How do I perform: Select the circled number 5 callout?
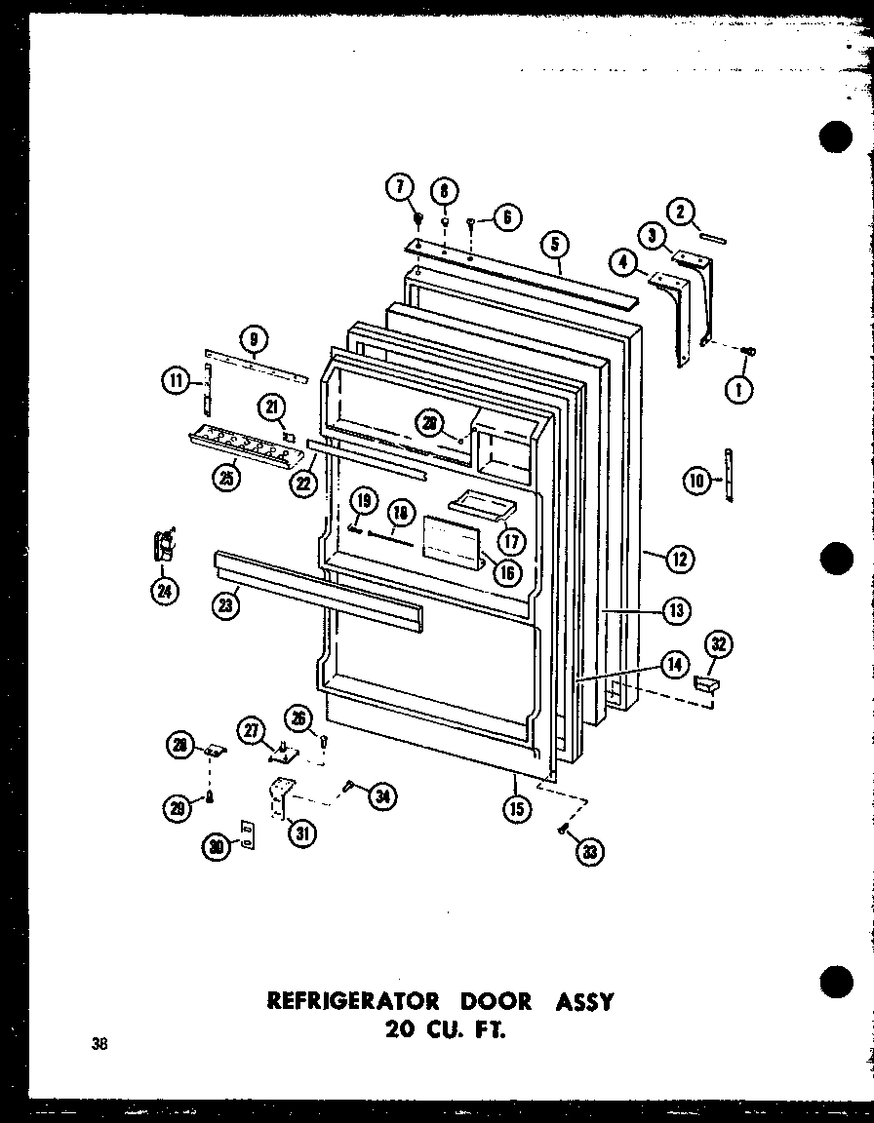click(x=554, y=244)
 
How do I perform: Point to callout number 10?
click(x=695, y=480)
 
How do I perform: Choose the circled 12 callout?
click(x=680, y=559)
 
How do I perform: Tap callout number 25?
click(x=226, y=479)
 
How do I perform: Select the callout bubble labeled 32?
click(x=719, y=643)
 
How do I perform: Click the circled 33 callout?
click(x=589, y=852)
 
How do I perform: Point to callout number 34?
click(x=381, y=797)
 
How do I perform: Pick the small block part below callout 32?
click(x=705, y=687)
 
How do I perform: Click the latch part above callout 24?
click(x=164, y=544)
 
